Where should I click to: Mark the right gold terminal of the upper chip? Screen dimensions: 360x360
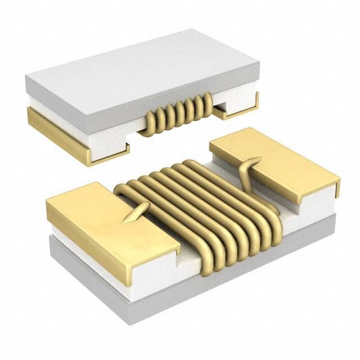click(239, 110)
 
